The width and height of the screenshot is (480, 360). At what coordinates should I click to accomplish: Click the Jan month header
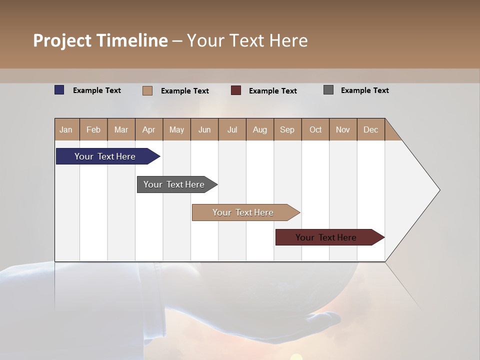[x=66, y=129]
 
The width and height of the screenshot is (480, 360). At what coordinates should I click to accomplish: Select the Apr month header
[x=149, y=129]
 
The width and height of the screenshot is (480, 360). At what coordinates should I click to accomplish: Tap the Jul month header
[x=232, y=129]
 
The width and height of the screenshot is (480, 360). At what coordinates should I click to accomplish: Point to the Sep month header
[x=287, y=129]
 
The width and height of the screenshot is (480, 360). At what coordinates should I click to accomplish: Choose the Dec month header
[x=370, y=129]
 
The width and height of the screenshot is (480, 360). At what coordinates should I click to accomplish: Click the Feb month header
[x=93, y=129]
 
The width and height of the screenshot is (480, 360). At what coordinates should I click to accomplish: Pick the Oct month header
[x=315, y=129]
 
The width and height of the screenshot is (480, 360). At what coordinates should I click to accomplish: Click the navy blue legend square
[x=59, y=90]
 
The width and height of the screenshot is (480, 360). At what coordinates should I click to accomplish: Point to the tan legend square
[x=147, y=90]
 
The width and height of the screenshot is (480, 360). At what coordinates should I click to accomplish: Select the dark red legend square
[x=236, y=90]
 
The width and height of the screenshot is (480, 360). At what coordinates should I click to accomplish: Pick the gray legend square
[x=328, y=90]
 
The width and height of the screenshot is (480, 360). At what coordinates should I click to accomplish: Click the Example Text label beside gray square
[x=364, y=90]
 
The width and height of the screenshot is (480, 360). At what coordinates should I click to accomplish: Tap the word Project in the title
[x=61, y=40]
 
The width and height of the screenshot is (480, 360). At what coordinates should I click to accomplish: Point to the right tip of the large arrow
[x=439, y=190]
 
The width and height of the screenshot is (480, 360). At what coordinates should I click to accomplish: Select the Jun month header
[x=204, y=129]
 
